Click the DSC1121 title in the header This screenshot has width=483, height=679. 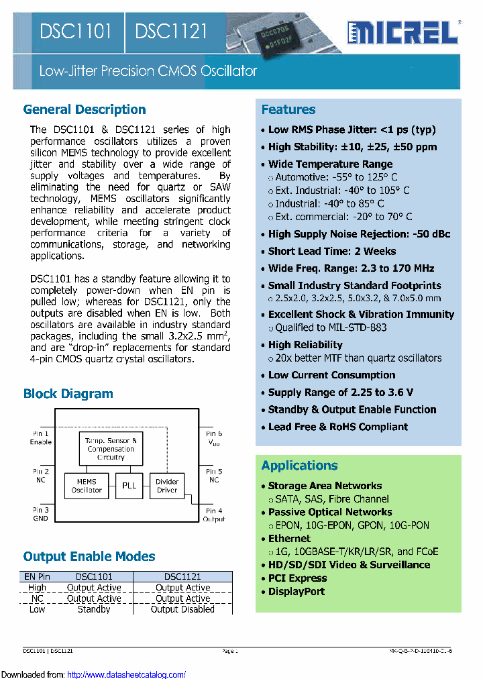tap(171, 32)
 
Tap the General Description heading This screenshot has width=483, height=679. tap(85, 109)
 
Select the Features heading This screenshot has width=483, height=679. tap(288, 109)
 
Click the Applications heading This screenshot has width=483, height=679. tap(299, 466)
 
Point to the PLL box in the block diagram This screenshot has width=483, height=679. tap(128, 486)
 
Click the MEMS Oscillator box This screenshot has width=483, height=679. tap(87, 486)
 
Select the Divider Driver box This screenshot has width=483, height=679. tap(167, 486)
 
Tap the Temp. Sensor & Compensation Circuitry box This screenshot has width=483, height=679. tap(111, 449)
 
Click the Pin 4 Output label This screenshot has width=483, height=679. tap(214, 515)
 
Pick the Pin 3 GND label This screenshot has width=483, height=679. tap(41, 515)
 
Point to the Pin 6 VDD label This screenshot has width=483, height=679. tap(214, 439)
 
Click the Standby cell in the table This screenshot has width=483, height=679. tap(94, 609)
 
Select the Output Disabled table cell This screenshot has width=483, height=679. tap(182, 609)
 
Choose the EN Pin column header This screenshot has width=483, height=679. tap(37, 576)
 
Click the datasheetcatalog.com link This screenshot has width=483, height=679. tap(126, 674)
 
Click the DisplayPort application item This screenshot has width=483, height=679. tap(297, 592)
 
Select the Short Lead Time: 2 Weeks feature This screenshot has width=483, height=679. tap(332, 252)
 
